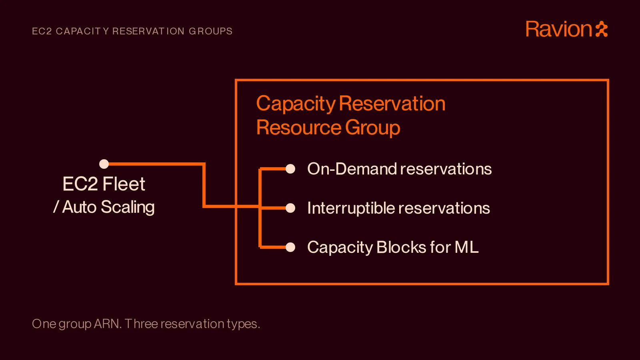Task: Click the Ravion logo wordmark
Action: coord(559,29)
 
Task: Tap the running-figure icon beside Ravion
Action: coord(602,29)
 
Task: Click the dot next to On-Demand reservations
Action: coord(290,169)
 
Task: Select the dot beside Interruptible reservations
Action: coord(290,208)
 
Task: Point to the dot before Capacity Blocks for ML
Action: coord(290,247)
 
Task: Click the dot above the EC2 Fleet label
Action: coord(104,164)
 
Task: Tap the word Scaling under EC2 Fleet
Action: coord(128,207)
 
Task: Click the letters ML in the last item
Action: coord(466,247)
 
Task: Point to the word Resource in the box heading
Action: coord(298,128)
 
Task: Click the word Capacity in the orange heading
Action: coord(296,104)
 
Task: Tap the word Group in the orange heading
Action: coord(372,128)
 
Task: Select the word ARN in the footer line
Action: coord(108,324)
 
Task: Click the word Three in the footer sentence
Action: coord(141,324)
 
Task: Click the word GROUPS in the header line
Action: coord(210,31)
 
